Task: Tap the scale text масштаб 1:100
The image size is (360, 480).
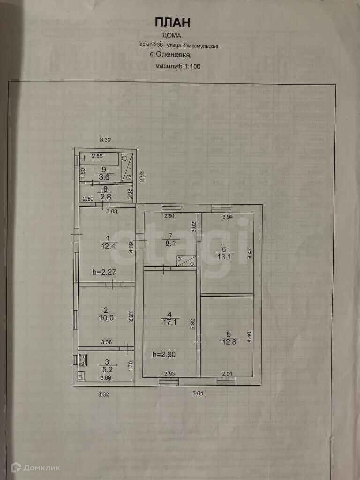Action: pos(178,66)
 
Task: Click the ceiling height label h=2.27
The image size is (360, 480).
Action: pos(104,270)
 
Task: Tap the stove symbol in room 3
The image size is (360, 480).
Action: pos(83,360)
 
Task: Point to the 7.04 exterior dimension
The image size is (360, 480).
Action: pos(198,394)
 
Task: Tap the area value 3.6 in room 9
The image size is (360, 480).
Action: pos(104,177)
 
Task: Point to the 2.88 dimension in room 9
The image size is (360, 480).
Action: pos(97,156)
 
